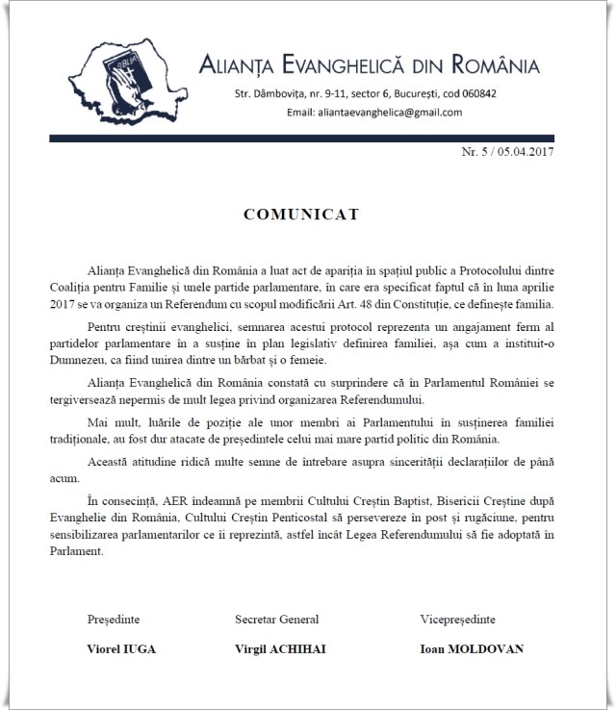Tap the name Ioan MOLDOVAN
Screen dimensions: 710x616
472,648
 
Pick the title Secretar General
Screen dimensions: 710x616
276,619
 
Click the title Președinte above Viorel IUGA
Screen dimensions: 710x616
115,619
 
